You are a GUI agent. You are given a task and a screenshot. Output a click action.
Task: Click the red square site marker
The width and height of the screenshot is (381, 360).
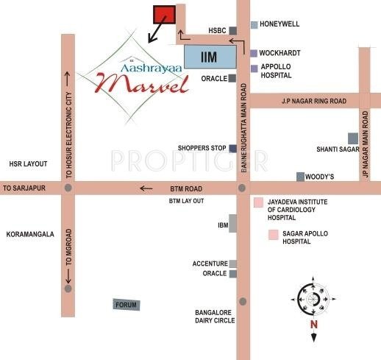pyautogui.click(x=164, y=15)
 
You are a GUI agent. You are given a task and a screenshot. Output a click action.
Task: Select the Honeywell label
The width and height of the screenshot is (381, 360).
pyautogui.click(x=280, y=24)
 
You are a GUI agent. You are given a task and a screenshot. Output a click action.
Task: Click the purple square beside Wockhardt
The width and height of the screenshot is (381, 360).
pyautogui.click(x=254, y=53)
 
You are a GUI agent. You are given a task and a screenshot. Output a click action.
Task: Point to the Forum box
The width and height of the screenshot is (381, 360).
pyautogui.click(x=126, y=304)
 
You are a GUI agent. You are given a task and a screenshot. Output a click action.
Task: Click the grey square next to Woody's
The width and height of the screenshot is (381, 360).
pyautogui.click(x=300, y=176)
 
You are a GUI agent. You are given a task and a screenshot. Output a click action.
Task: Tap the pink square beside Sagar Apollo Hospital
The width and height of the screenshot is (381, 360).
pyautogui.click(x=273, y=236)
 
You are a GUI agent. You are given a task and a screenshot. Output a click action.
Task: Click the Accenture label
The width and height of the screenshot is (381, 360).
pyautogui.click(x=210, y=263)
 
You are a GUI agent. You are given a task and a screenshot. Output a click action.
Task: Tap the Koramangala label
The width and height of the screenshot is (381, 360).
pyautogui.click(x=29, y=234)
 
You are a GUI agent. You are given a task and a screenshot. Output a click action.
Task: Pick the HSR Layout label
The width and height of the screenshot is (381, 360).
pyautogui.click(x=27, y=163)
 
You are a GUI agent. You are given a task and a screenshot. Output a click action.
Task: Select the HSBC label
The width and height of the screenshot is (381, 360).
pyautogui.click(x=217, y=30)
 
